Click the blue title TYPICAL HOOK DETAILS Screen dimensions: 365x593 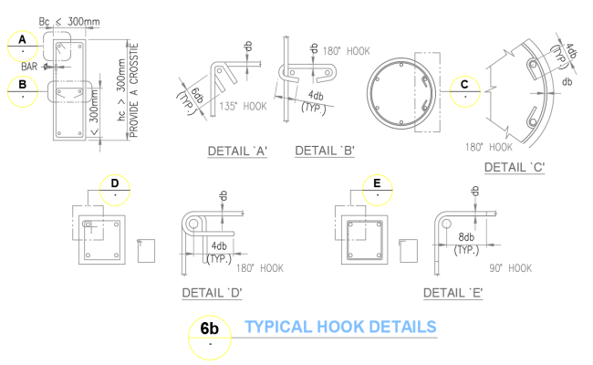coord(340,327)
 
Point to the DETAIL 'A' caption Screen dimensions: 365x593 coord(236,152)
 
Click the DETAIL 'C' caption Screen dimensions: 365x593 coord(515,167)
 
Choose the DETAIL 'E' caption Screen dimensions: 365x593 coord(453,293)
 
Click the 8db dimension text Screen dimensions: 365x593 coord(465,237)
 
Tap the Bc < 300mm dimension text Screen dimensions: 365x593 coord(71,20)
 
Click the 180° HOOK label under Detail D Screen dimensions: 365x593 coord(260,268)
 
